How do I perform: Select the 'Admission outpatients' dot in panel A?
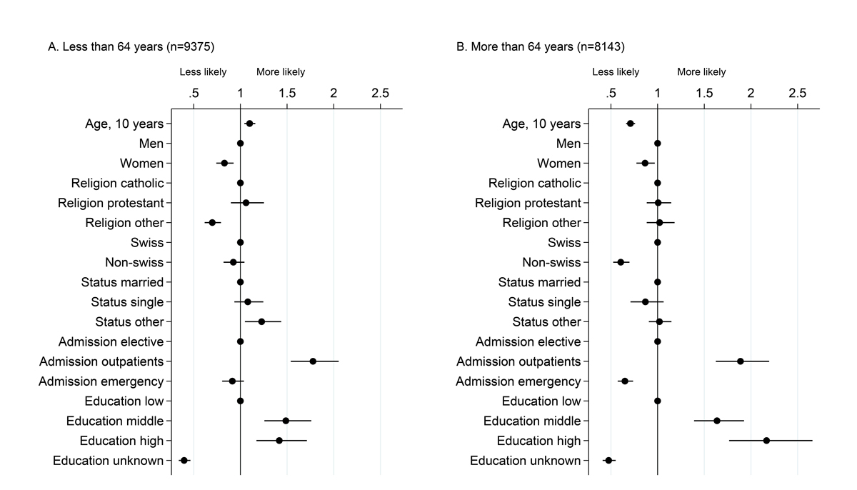pos(313,361)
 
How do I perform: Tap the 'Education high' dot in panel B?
pos(766,441)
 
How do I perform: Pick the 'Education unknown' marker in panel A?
pos(184,461)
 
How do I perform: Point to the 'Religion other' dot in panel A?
pos(212,223)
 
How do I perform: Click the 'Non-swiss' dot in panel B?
pos(621,262)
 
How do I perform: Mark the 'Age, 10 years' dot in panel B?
pos(630,124)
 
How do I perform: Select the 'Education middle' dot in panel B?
pos(717,421)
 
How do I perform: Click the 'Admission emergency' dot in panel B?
pos(625,381)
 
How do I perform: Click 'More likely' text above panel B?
pos(701,72)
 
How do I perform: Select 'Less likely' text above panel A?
pos(203,72)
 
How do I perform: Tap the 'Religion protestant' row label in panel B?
pos(528,203)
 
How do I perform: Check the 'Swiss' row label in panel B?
pos(564,243)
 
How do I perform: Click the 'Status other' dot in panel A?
pos(261,321)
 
